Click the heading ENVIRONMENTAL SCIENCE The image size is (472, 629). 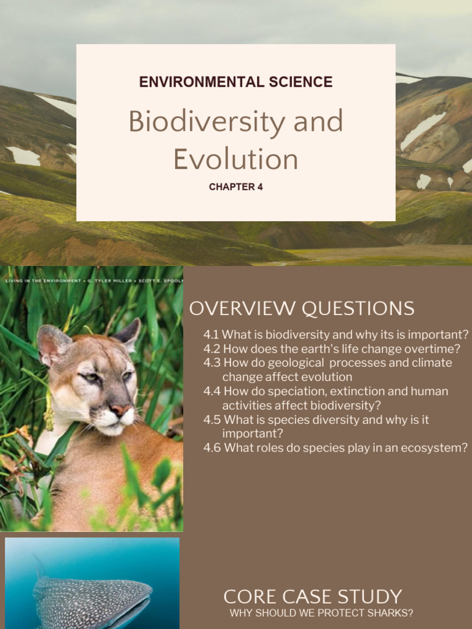[x=235, y=82]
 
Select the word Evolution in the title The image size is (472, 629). [x=235, y=159]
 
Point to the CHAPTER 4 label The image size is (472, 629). [x=235, y=187]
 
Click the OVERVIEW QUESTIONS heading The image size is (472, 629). [x=301, y=308]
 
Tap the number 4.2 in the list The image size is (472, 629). [x=211, y=349]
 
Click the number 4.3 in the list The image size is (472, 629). [x=212, y=363]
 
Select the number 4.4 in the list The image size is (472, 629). [x=212, y=391]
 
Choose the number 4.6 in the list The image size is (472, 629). [x=212, y=448]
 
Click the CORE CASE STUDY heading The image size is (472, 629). [x=312, y=596]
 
